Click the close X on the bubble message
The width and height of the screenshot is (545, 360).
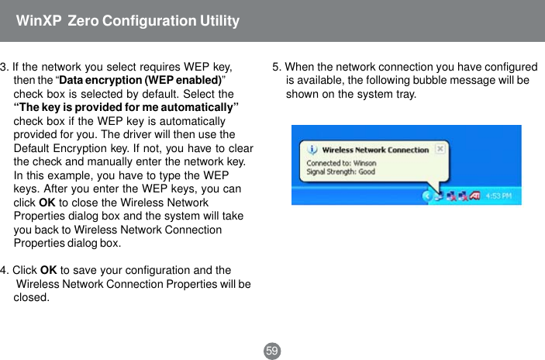(x=440, y=147)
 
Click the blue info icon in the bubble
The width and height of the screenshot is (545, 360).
(x=312, y=149)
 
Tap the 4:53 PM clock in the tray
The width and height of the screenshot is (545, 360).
(x=498, y=196)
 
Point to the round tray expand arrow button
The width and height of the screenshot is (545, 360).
(x=426, y=196)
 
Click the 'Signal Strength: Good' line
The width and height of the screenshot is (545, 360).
(x=340, y=171)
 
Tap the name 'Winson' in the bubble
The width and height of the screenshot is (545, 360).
(x=364, y=164)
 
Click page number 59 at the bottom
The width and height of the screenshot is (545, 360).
(x=272, y=351)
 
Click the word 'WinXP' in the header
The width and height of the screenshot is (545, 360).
(x=38, y=21)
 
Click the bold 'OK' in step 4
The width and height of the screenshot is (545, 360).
(x=47, y=270)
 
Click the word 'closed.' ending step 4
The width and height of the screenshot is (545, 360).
(x=33, y=297)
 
